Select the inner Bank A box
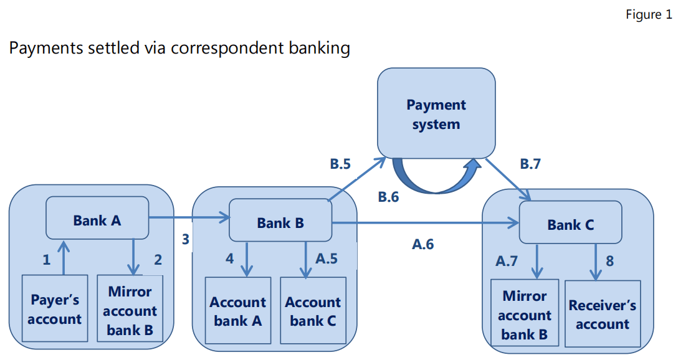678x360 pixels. click(x=97, y=219)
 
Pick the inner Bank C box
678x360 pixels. click(x=570, y=224)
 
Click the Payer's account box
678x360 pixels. click(x=55, y=309)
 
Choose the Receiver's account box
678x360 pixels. click(x=602, y=315)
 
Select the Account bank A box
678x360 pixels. click(x=237, y=311)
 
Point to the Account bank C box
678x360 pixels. click(x=313, y=311)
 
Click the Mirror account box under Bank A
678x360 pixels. click(x=130, y=310)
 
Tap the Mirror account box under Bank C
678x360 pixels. click(x=525, y=315)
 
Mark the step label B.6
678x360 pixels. click(x=388, y=197)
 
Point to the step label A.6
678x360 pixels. click(x=423, y=245)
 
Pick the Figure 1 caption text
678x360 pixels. click(x=648, y=14)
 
